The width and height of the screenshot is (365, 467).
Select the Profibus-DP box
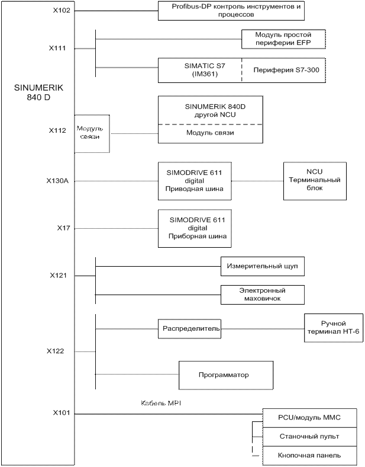(228, 11)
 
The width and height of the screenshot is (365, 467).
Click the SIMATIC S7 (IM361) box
(200, 70)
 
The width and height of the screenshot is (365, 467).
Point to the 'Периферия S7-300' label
(286, 71)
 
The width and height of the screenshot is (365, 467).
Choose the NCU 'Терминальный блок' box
(314, 180)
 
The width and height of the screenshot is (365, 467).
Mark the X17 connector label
(64, 227)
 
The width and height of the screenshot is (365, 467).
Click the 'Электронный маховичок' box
(262, 295)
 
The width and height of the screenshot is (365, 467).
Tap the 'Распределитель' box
(189, 328)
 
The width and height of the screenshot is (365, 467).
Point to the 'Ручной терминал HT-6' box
(332, 328)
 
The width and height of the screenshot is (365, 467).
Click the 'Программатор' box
(225, 375)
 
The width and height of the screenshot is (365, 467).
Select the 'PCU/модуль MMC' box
(309, 418)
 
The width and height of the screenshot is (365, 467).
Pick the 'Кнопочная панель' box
(309, 456)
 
